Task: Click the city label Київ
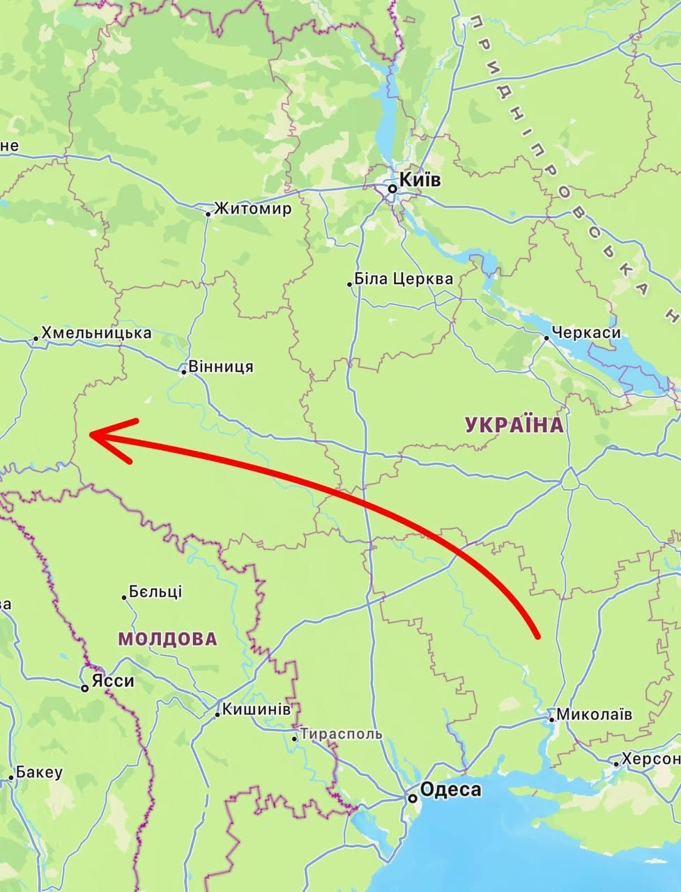[x=422, y=180]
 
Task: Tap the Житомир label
[x=252, y=209]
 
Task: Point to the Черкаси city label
[x=586, y=333]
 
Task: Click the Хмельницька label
[x=96, y=333]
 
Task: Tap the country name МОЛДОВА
[x=167, y=639]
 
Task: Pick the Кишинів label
[x=256, y=709]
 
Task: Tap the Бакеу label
[x=40, y=772]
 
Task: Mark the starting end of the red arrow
[x=537, y=636]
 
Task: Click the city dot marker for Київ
[x=393, y=188]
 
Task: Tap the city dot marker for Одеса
[x=413, y=798]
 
